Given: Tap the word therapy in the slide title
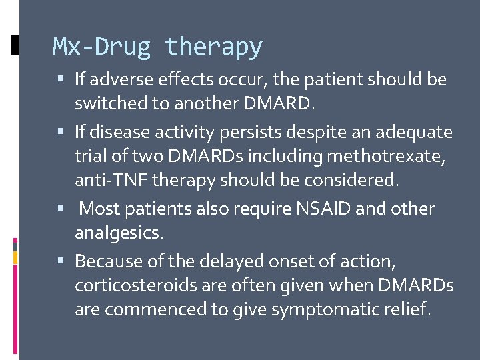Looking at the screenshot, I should tap(214, 47).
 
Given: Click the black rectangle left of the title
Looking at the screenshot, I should tap(15, 45).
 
